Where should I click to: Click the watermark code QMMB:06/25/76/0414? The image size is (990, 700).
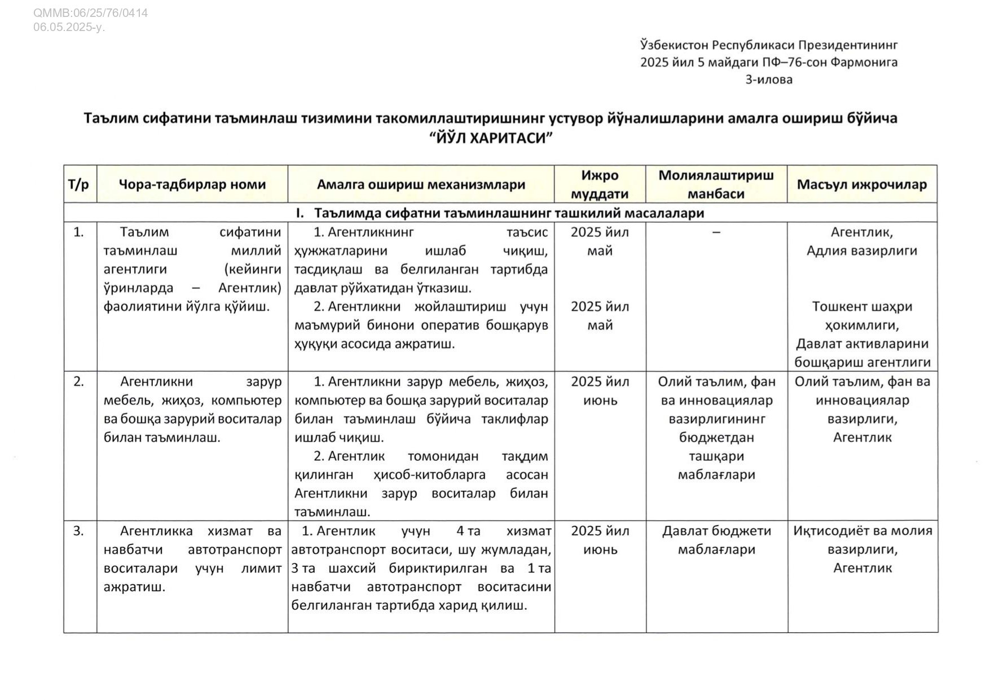point(90,12)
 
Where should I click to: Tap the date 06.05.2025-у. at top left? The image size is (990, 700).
point(69,27)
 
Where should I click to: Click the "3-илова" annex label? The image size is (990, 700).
point(768,80)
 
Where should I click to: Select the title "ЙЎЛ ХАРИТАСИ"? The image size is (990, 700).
point(490,138)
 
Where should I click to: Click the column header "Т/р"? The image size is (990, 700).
point(78,184)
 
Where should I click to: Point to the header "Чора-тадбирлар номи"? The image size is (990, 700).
point(192,184)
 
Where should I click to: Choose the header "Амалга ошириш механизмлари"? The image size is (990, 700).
point(421,184)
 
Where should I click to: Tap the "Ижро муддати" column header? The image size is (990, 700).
point(600,184)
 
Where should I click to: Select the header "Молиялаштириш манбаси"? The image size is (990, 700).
point(716,184)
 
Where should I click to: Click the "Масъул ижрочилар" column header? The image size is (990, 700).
point(861,184)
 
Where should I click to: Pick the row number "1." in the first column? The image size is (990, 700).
point(78,232)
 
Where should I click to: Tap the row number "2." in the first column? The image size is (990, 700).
point(78,381)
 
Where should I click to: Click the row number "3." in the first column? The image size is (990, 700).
point(78,531)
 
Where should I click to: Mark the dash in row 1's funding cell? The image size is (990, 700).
point(716,232)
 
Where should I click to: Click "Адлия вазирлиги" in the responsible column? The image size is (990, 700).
point(861,250)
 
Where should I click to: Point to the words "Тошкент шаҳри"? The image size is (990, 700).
point(861,306)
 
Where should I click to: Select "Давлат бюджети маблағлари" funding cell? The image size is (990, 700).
point(716,540)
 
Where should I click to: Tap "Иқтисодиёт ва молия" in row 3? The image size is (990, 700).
point(862,531)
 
